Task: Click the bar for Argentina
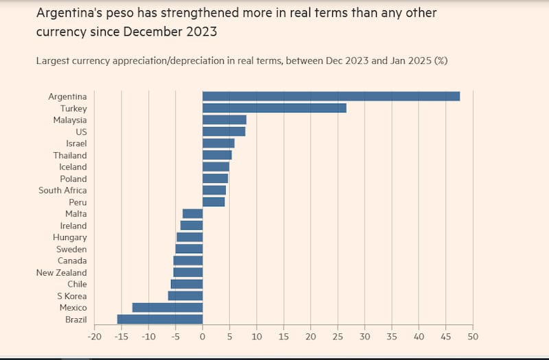[x=331, y=96]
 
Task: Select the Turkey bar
[x=274, y=108]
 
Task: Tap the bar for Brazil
[x=160, y=319]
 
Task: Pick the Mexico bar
[x=167, y=307]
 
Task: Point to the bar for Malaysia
[x=224, y=119]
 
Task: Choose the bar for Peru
[x=213, y=202]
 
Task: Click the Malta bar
[x=193, y=213]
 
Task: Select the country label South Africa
[x=62, y=190]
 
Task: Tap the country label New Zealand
[x=62, y=272]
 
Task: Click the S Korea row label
[x=71, y=296]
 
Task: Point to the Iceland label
[x=73, y=167]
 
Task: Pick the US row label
[x=81, y=131]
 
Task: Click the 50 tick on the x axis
[x=473, y=337]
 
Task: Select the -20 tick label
[x=94, y=337]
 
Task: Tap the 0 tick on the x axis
[x=202, y=337]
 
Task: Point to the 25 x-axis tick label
[x=338, y=337]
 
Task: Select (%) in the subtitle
[x=439, y=60]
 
